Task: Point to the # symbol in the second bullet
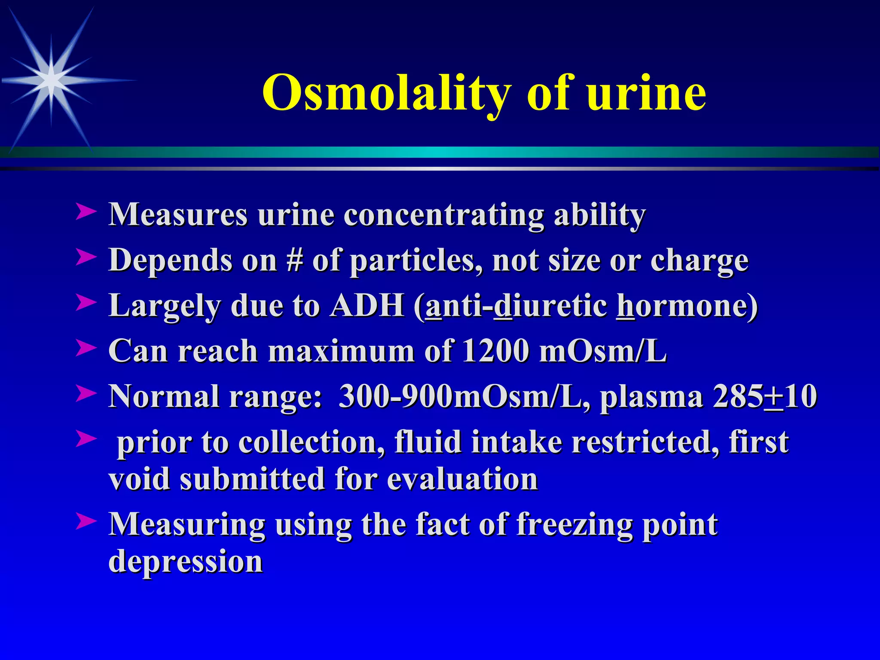click(294, 260)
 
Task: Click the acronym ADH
click(367, 306)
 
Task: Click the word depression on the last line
click(186, 561)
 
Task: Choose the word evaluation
click(462, 479)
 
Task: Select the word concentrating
click(444, 214)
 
